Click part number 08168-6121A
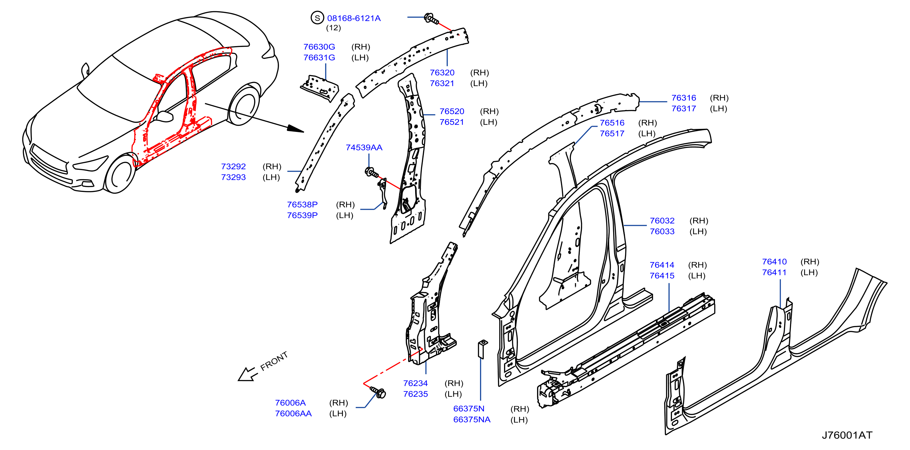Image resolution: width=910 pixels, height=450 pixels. pos(354,18)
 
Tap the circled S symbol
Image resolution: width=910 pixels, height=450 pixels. pos(317,18)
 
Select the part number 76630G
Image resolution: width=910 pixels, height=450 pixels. pos(319,47)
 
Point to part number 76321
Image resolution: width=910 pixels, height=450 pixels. pos(442,83)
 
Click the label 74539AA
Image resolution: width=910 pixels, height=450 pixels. pos(364,148)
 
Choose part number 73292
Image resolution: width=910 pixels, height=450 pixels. pos(233,166)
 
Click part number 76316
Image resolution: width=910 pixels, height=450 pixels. pos(683,98)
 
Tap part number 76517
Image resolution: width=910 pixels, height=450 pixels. pos(612,133)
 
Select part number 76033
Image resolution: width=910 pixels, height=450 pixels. pos(662,231)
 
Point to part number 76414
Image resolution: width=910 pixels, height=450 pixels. pos(662,265)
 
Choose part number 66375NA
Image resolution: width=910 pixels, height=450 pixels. pos(472,420)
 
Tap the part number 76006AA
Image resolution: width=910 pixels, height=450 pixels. pos(293,414)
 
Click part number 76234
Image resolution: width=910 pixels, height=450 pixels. pos(415,383)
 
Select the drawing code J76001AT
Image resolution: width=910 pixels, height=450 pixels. pos(847,435)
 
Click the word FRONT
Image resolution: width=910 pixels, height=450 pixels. pos(274,361)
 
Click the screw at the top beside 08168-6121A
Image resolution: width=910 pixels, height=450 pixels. pos(431,18)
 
